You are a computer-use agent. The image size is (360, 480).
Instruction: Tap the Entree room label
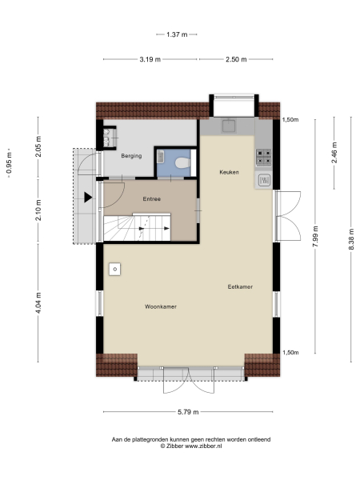click(x=152, y=198)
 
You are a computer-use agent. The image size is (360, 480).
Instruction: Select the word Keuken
click(x=230, y=173)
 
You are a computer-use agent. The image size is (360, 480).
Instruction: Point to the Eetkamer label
click(x=240, y=286)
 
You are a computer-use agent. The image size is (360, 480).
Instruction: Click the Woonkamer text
click(x=161, y=306)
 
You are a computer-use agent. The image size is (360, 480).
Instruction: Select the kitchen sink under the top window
click(x=229, y=126)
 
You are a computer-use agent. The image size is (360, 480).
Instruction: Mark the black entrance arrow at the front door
click(x=88, y=197)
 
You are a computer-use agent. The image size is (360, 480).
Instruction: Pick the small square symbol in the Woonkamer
click(x=116, y=269)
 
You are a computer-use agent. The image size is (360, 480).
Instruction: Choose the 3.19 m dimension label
click(x=150, y=59)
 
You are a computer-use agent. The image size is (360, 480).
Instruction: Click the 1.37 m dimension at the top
click(x=177, y=34)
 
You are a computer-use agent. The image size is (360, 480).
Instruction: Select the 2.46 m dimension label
click(x=334, y=150)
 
